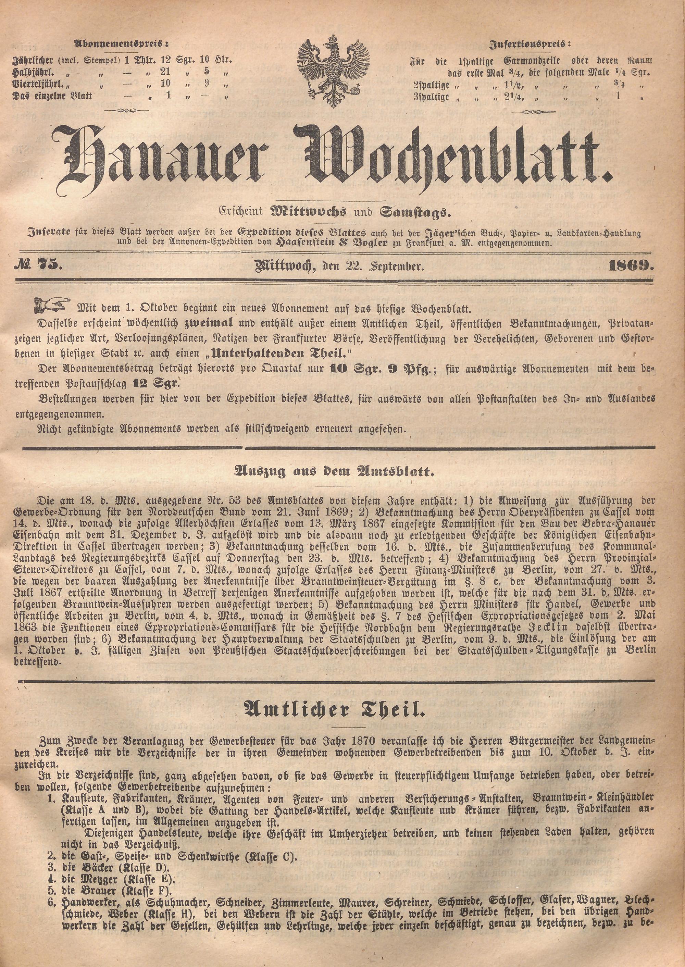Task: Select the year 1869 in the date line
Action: [630, 265]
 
